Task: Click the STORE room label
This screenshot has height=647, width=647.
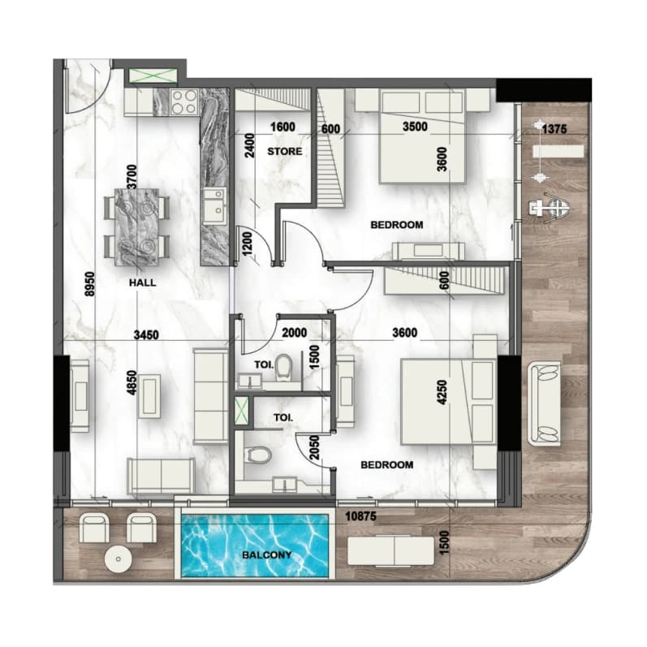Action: pos(285,152)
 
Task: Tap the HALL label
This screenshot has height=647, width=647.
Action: pos(142,283)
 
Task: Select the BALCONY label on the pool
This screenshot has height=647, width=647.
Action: pos(267,555)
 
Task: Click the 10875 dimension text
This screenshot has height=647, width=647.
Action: pos(361,515)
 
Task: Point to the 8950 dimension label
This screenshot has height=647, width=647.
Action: pos(90,283)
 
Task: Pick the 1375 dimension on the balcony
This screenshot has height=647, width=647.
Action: pos(554,129)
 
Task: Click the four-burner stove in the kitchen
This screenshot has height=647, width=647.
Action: pos(184,101)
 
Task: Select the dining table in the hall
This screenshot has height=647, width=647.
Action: pos(136,227)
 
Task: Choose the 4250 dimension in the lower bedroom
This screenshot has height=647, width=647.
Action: pos(442,392)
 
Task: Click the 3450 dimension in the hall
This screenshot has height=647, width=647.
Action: pos(146,334)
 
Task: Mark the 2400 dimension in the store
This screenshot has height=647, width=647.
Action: pos(250,145)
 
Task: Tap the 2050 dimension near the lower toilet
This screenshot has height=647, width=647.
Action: pos(314,447)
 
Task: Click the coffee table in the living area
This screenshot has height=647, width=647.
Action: pos(149,395)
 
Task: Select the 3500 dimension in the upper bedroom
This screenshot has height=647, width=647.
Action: pos(415,127)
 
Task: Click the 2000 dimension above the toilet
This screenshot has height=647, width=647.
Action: pos(294,333)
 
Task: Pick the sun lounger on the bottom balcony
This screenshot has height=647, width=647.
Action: pos(390,551)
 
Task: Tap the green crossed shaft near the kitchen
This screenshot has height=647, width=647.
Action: pos(153,76)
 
